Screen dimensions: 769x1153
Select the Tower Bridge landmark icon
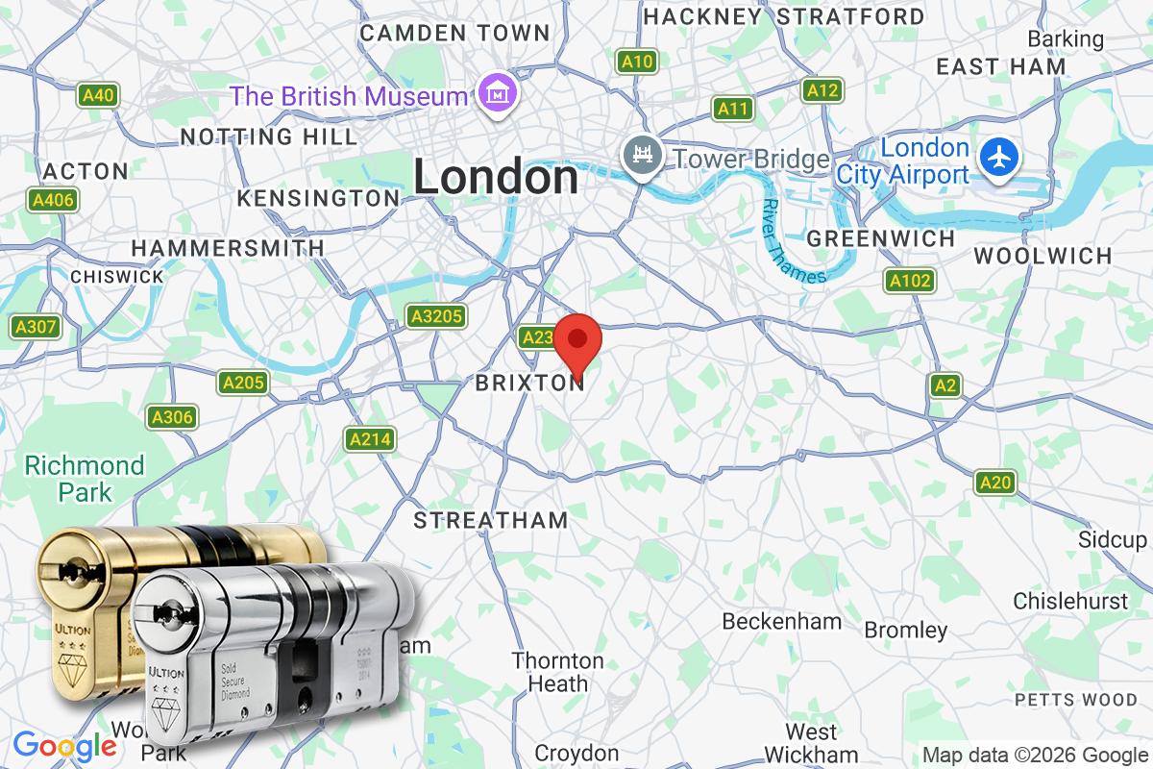[x=639, y=157]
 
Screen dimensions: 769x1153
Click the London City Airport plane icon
[x=999, y=157]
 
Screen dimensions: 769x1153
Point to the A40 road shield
[x=99, y=95]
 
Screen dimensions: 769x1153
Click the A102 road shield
[x=909, y=281]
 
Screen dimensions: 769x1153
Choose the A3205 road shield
[x=436, y=316]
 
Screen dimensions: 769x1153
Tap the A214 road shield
[x=370, y=439]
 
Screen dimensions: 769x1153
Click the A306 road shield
[x=172, y=417]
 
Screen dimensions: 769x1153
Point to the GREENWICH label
[x=881, y=238]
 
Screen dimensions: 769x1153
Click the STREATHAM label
[x=491, y=520]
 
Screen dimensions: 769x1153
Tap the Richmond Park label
[x=85, y=479]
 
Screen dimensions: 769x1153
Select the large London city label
[x=496, y=178]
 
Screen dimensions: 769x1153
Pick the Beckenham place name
[x=781, y=621]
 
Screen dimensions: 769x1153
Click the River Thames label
[x=794, y=242]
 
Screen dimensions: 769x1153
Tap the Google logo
[x=63, y=746]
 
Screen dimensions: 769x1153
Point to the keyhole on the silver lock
[x=172, y=612]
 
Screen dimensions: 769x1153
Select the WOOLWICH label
[x=1043, y=256]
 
